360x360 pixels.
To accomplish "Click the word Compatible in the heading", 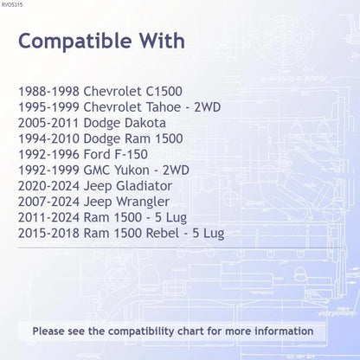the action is pos(75,42).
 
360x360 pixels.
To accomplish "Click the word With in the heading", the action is pos(163,41).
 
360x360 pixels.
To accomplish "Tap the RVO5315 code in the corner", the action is pos(12,4).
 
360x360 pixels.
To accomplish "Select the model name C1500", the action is pos(164,92).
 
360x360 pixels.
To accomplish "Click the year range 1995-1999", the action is pos(48,107).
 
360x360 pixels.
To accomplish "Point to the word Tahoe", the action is pos(164,107).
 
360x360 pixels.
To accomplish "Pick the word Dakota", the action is pos(145,123).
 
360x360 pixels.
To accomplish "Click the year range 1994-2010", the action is pos(48,138).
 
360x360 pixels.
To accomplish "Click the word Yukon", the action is pos(132,170).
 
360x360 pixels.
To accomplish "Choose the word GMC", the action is pos(97,170).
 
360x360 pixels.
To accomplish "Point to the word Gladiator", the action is pos(144,186).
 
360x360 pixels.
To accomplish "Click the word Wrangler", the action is pos(143,202).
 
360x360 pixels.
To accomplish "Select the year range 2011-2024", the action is pos(48,217).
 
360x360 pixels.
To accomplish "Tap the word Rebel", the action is pos(163,233).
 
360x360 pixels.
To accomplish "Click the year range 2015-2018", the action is pos(48,233).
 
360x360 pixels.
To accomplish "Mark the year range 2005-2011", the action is pos(48,123).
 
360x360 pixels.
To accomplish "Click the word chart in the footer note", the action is pos(190,331).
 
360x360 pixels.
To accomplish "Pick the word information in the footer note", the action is pos(284,331).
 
